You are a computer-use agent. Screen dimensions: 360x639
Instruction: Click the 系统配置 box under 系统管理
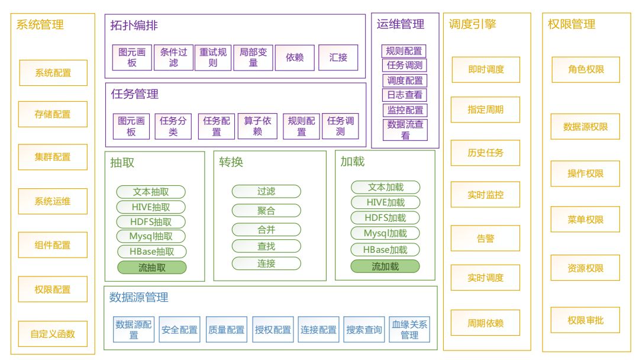[x=53, y=73]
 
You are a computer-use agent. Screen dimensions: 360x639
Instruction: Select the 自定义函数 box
[x=53, y=333]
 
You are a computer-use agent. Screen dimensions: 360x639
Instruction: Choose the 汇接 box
[x=338, y=57]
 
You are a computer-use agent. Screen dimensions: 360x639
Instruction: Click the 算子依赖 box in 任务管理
[x=257, y=126]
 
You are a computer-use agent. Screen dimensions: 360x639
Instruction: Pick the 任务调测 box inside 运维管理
[x=405, y=65]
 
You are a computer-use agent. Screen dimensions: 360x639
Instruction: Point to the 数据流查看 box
[x=405, y=130]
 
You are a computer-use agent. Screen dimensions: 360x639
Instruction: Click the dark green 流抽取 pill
[x=151, y=267]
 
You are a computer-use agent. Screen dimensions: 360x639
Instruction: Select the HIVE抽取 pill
[x=151, y=207]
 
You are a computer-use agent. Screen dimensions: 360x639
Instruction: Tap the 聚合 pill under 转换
[x=266, y=210]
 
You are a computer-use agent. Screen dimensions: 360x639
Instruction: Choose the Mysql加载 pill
[x=385, y=233]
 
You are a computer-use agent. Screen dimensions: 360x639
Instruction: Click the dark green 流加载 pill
[x=385, y=266]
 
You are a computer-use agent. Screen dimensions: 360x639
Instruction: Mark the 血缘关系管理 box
[x=409, y=330]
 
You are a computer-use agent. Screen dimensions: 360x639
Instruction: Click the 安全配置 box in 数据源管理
[x=179, y=330]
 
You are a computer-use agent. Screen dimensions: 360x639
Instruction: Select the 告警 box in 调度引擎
[x=486, y=239]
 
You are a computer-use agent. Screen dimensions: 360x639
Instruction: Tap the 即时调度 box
[x=486, y=69]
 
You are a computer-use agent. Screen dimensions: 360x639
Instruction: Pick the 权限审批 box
[x=585, y=320]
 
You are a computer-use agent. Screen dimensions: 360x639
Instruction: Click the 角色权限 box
[x=585, y=69]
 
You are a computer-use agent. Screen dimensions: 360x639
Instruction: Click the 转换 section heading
[x=231, y=162]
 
